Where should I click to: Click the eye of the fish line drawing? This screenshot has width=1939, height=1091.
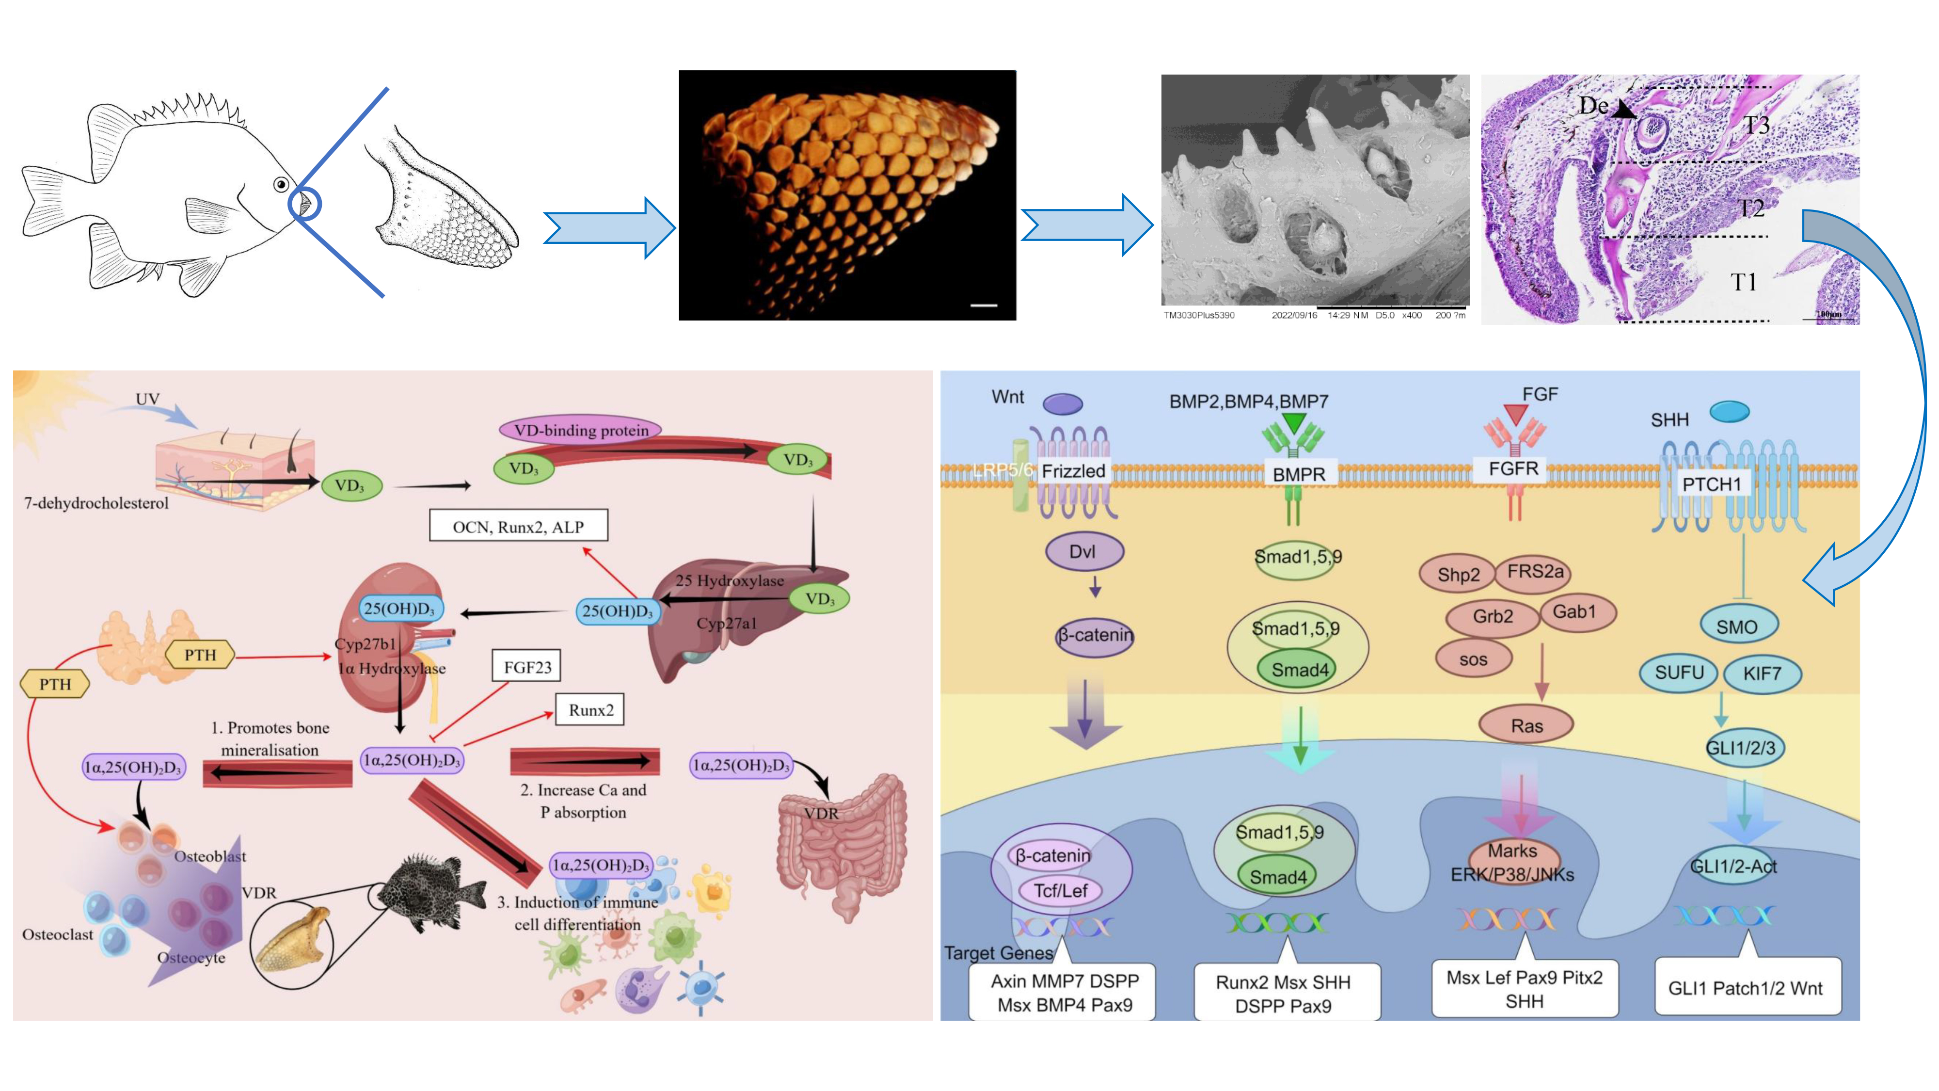tap(281, 184)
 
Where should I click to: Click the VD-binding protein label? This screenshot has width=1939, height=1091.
tap(580, 430)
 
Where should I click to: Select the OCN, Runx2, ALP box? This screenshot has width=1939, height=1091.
tap(518, 526)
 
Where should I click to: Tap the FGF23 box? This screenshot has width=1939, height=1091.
tap(527, 667)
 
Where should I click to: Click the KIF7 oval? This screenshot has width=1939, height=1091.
tap(1762, 673)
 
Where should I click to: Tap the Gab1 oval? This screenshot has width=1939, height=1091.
tap(1574, 611)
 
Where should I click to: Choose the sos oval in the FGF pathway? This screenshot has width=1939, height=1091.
tap(1473, 659)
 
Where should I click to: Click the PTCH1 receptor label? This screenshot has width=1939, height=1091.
tap(1712, 484)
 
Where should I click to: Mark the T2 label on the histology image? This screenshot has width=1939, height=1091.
tap(1751, 208)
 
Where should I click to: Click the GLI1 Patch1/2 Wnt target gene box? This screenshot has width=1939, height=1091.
tap(1746, 988)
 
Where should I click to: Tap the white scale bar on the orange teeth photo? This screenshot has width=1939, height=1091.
tap(983, 305)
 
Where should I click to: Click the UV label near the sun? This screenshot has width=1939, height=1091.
tap(147, 398)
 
